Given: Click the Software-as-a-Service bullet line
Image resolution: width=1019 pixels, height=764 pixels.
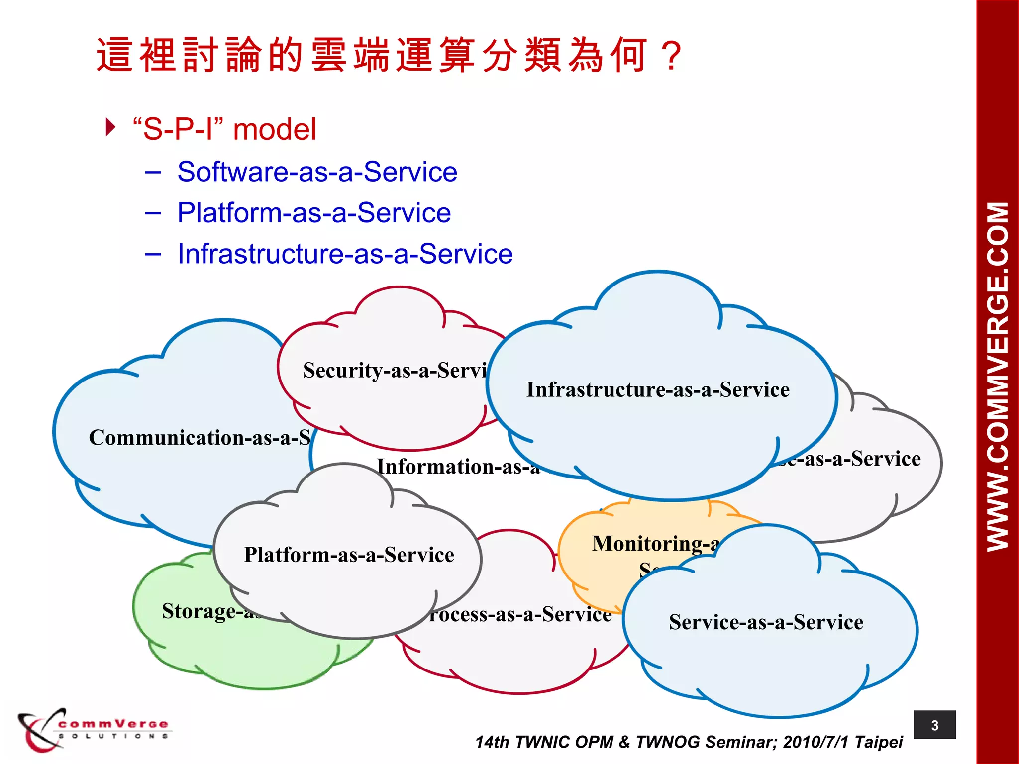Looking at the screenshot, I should [x=317, y=172].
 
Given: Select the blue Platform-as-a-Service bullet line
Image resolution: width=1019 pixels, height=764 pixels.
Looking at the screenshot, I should [x=314, y=213].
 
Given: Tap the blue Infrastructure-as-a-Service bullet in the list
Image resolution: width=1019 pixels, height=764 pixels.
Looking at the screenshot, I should [x=345, y=254].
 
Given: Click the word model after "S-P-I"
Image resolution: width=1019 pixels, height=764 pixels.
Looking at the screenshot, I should [x=275, y=130].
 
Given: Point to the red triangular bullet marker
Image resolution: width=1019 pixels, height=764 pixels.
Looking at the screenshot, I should [x=110, y=127].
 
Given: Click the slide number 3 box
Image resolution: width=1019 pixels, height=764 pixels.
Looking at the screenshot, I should [x=934, y=725].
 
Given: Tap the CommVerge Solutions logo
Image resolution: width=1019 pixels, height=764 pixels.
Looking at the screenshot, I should [x=95, y=729].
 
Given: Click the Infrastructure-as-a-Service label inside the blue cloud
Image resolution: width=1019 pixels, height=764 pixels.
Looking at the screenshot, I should [x=658, y=390].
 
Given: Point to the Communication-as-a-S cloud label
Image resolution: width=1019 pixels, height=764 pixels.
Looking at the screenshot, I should [x=200, y=438].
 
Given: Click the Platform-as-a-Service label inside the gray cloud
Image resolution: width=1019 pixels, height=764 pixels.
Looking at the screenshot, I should [x=349, y=555].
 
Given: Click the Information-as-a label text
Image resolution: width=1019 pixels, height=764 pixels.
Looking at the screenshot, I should [x=458, y=467].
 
